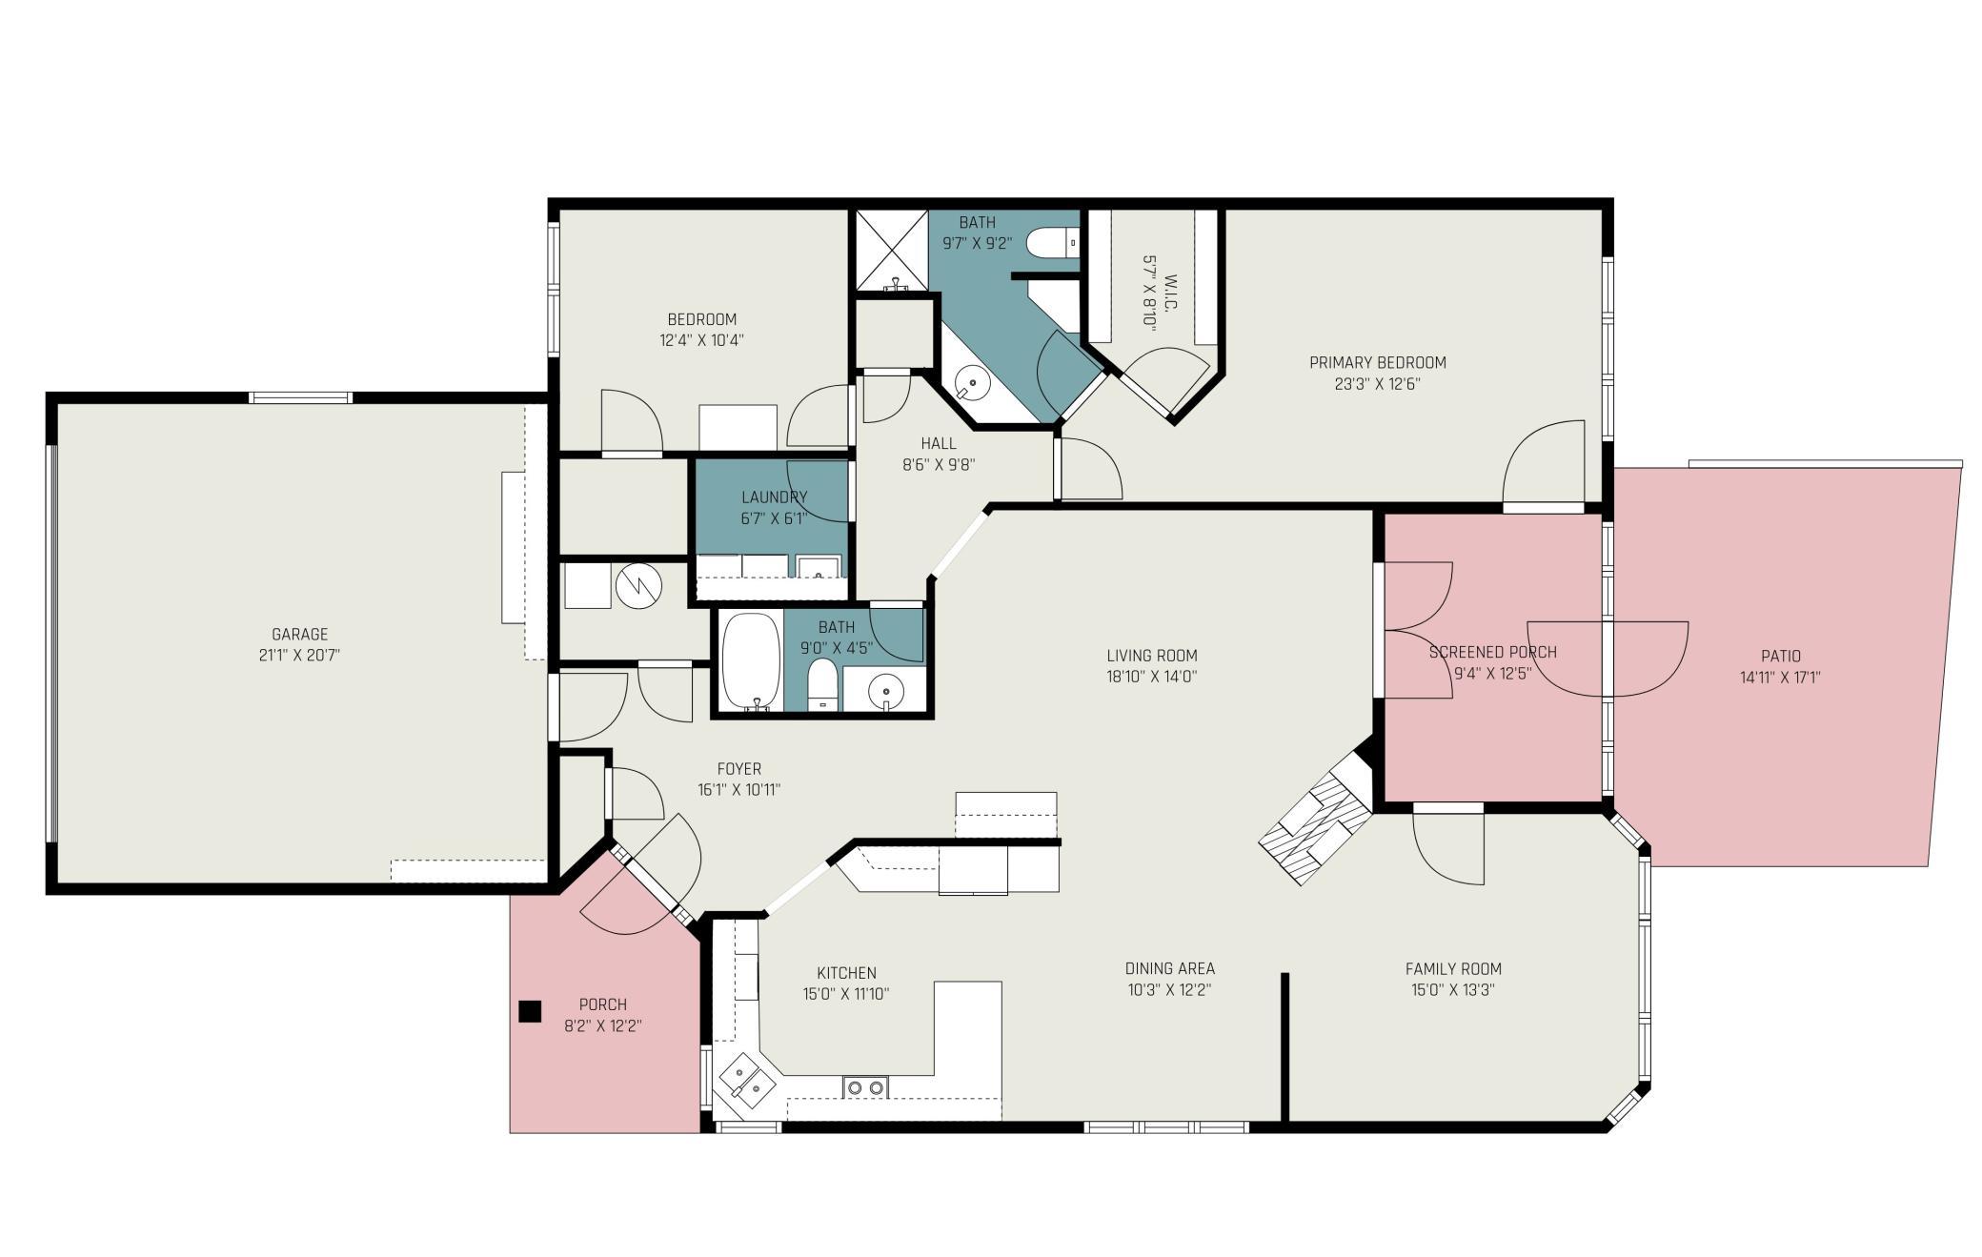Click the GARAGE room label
click(x=300, y=634)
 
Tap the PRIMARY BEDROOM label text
click(x=1378, y=363)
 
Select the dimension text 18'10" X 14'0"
click(x=1152, y=677)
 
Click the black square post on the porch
click(x=530, y=1011)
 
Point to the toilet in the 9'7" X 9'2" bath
click(x=1053, y=243)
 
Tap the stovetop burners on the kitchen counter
click(x=865, y=1086)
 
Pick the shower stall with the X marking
click(x=892, y=250)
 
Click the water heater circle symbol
click(x=638, y=587)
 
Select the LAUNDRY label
click(x=775, y=497)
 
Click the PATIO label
click(x=1781, y=657)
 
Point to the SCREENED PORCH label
click(x=1493, y=653)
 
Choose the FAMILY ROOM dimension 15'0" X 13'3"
click(x=1453, y=990)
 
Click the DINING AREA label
click(x=1170, y=969)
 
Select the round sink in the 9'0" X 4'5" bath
click(x=886, y=688)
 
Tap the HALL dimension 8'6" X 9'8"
click(x=939, y=465)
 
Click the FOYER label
click(x=739, y=769)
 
